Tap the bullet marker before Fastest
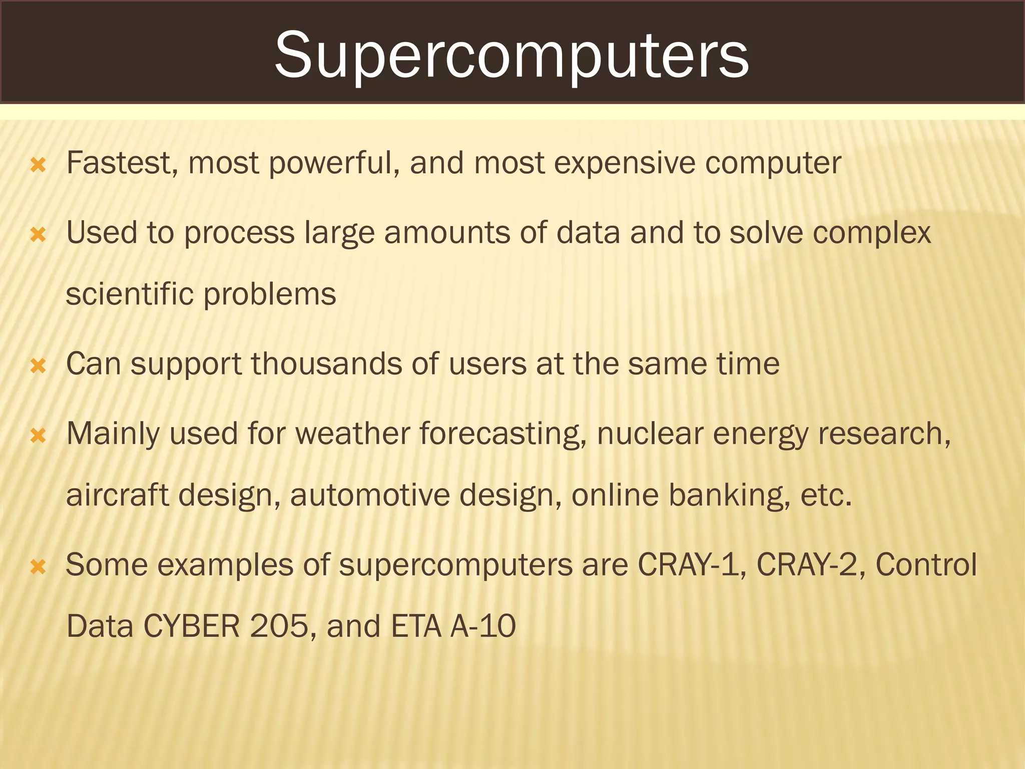click(38, 164)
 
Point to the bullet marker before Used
click(38, 234)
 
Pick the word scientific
click(130, 294)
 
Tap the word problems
click(270, 295)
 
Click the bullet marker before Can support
click(38, 365)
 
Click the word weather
click(352, 434)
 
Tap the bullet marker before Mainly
click(38, 435)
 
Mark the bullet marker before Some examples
click(38, 567)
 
